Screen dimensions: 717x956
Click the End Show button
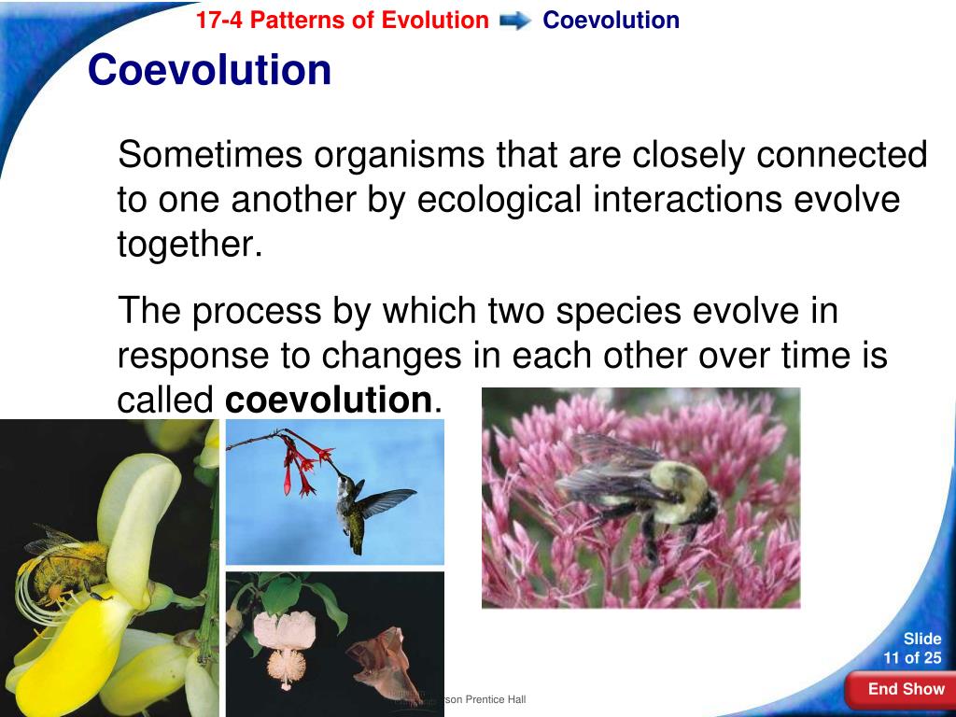[x=906, y=690]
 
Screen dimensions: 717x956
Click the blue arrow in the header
[x=515, y=21]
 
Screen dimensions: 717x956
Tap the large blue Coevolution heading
[x=209, y=70]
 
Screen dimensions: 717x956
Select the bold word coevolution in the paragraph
[x=328, y=401]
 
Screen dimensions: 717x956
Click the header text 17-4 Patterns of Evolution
[x=342, y=21]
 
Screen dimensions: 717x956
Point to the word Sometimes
[x=210, y=155]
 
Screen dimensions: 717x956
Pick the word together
[x=185, y=245]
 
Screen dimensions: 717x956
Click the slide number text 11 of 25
[x=912, y=657]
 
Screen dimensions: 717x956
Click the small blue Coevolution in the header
[x=611, y=21]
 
